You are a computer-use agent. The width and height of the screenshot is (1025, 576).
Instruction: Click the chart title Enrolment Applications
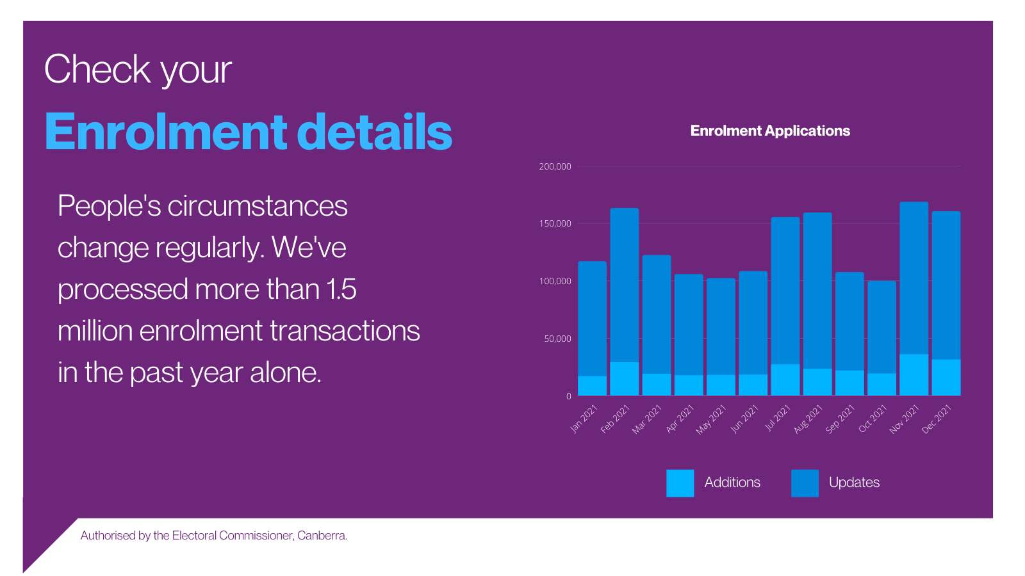(770, 131)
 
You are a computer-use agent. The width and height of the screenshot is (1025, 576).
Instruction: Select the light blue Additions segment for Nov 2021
(914, 375)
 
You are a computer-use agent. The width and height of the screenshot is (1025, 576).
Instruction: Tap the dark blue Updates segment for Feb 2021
(624, 285)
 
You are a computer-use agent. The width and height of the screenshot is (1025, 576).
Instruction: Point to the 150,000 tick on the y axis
(555, 223)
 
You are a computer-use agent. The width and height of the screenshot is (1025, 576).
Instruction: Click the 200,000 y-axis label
(555, 166)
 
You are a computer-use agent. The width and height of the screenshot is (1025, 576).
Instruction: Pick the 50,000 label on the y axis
(557, 339)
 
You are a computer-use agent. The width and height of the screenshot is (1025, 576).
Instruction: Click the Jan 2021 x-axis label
(584, 419)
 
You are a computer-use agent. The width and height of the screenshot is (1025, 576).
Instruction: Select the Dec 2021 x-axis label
(937, 419)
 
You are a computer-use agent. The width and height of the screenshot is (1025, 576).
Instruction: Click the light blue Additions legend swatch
(680, 483)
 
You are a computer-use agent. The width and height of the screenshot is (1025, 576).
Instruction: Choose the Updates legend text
(854, 483)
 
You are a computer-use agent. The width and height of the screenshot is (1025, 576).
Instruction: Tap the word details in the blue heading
(375, 132)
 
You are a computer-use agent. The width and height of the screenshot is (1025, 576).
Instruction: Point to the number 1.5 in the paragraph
(341, 289)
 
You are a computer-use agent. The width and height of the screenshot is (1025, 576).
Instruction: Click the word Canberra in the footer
(322, 536)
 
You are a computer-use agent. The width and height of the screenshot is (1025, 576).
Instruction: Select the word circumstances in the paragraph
(257, 206)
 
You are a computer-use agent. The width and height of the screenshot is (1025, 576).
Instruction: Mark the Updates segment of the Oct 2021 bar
(881, 326)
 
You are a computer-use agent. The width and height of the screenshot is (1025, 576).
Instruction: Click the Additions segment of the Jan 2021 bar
(592, 386)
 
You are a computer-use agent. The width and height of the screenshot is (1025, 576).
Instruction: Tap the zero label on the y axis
(568, 396)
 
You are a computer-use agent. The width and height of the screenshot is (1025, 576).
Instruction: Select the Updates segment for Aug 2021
(817, 291)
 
